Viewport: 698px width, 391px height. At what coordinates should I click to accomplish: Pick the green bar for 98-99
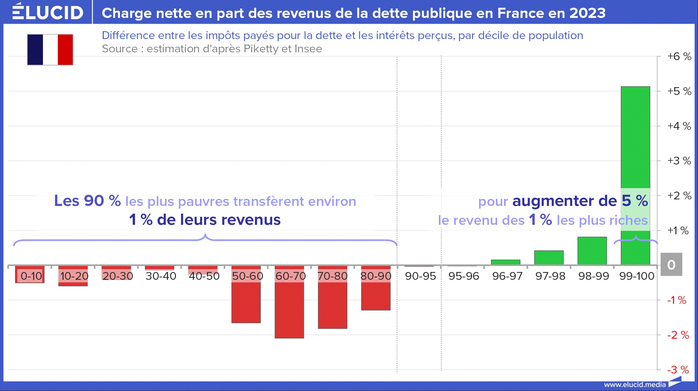592,251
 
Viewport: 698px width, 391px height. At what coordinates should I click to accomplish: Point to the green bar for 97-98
549,257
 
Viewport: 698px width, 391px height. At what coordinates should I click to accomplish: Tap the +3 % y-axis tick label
679,161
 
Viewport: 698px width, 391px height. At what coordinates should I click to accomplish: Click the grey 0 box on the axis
671,265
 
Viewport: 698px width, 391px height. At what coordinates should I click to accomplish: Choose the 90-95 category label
420,276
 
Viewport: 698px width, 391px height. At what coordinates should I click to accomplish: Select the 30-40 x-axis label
161,276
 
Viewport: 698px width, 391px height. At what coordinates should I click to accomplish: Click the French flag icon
50,49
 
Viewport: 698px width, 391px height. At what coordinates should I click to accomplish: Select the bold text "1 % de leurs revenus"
205,220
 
